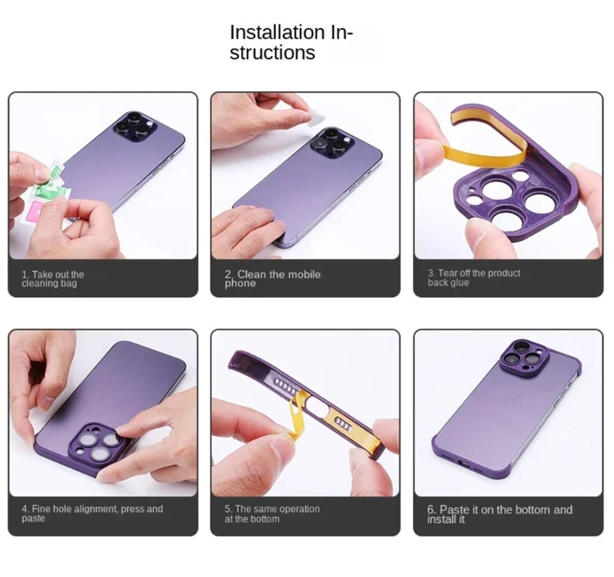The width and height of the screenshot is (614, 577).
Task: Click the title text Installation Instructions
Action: tap(291, 42)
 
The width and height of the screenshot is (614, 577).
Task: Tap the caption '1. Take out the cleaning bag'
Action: tap(53, 279)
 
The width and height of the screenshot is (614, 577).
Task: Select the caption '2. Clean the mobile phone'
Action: tap(273, 278)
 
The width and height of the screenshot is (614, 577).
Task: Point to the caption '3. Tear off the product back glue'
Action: tap(474, 278)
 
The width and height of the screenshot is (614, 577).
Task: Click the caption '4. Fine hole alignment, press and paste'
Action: tap(92, 513)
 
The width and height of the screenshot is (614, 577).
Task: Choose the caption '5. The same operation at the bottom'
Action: tap(272, 514)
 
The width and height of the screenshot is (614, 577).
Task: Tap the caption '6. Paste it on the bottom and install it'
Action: tap(500, 514)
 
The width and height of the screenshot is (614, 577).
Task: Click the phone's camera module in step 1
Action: tap(135, 127)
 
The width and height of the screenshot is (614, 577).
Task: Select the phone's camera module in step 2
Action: tap(333, 143)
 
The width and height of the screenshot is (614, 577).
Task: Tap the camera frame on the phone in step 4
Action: tap(96, 442)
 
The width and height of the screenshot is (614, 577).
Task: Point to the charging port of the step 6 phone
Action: tap(465, 463)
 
